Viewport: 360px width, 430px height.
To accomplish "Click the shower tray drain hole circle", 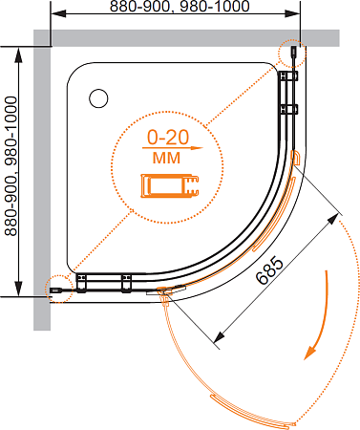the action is (98, 98).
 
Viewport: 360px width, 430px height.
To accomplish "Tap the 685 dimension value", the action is (269, 270).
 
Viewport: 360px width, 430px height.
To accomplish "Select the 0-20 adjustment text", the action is (168, 138).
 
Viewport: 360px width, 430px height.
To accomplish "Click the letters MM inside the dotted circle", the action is (166, 158).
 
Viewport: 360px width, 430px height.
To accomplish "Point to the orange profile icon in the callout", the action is (170, 185).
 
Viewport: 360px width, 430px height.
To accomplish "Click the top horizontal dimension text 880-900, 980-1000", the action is (180, 7).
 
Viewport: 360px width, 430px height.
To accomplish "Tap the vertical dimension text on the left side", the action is (11, 166).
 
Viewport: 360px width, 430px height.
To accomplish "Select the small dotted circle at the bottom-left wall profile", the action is (59, 289).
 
